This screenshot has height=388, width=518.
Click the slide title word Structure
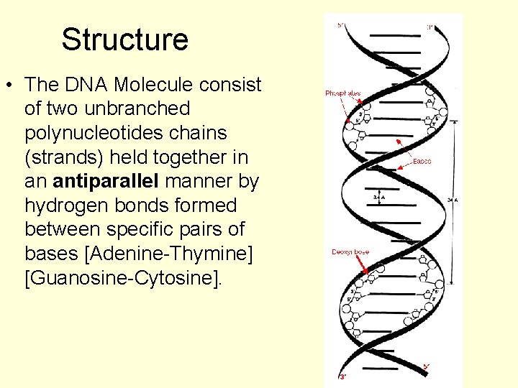point(124,40)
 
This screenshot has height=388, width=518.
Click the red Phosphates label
point(343,93)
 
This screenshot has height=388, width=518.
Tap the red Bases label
point(422,161)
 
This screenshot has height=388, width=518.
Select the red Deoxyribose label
point(350,251)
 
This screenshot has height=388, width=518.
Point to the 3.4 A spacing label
point(378,196)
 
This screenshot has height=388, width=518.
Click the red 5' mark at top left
point(340,26)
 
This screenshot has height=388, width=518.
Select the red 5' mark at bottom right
point(426,366)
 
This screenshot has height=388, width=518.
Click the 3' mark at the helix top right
point(429,27)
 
